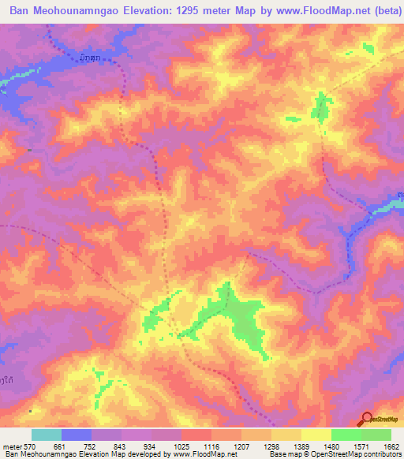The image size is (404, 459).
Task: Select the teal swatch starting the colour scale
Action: click(x=47, y=435)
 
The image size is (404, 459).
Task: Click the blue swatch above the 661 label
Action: click(x=77, y=435)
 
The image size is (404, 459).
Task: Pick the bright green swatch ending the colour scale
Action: click(x=376, y=435)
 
